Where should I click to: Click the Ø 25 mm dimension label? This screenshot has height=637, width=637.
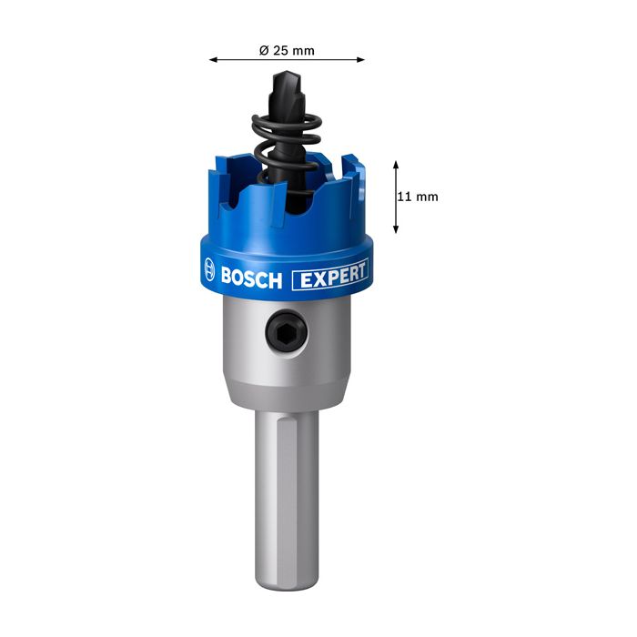point(287,50)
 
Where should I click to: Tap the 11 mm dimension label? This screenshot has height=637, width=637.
point(419,197)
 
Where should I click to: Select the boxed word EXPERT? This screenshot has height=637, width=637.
point(330,275)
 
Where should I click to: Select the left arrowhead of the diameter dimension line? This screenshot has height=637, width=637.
point(213,60)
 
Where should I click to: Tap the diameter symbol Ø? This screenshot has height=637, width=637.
point(264,50)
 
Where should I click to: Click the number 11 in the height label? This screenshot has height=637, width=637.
point(407,197)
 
